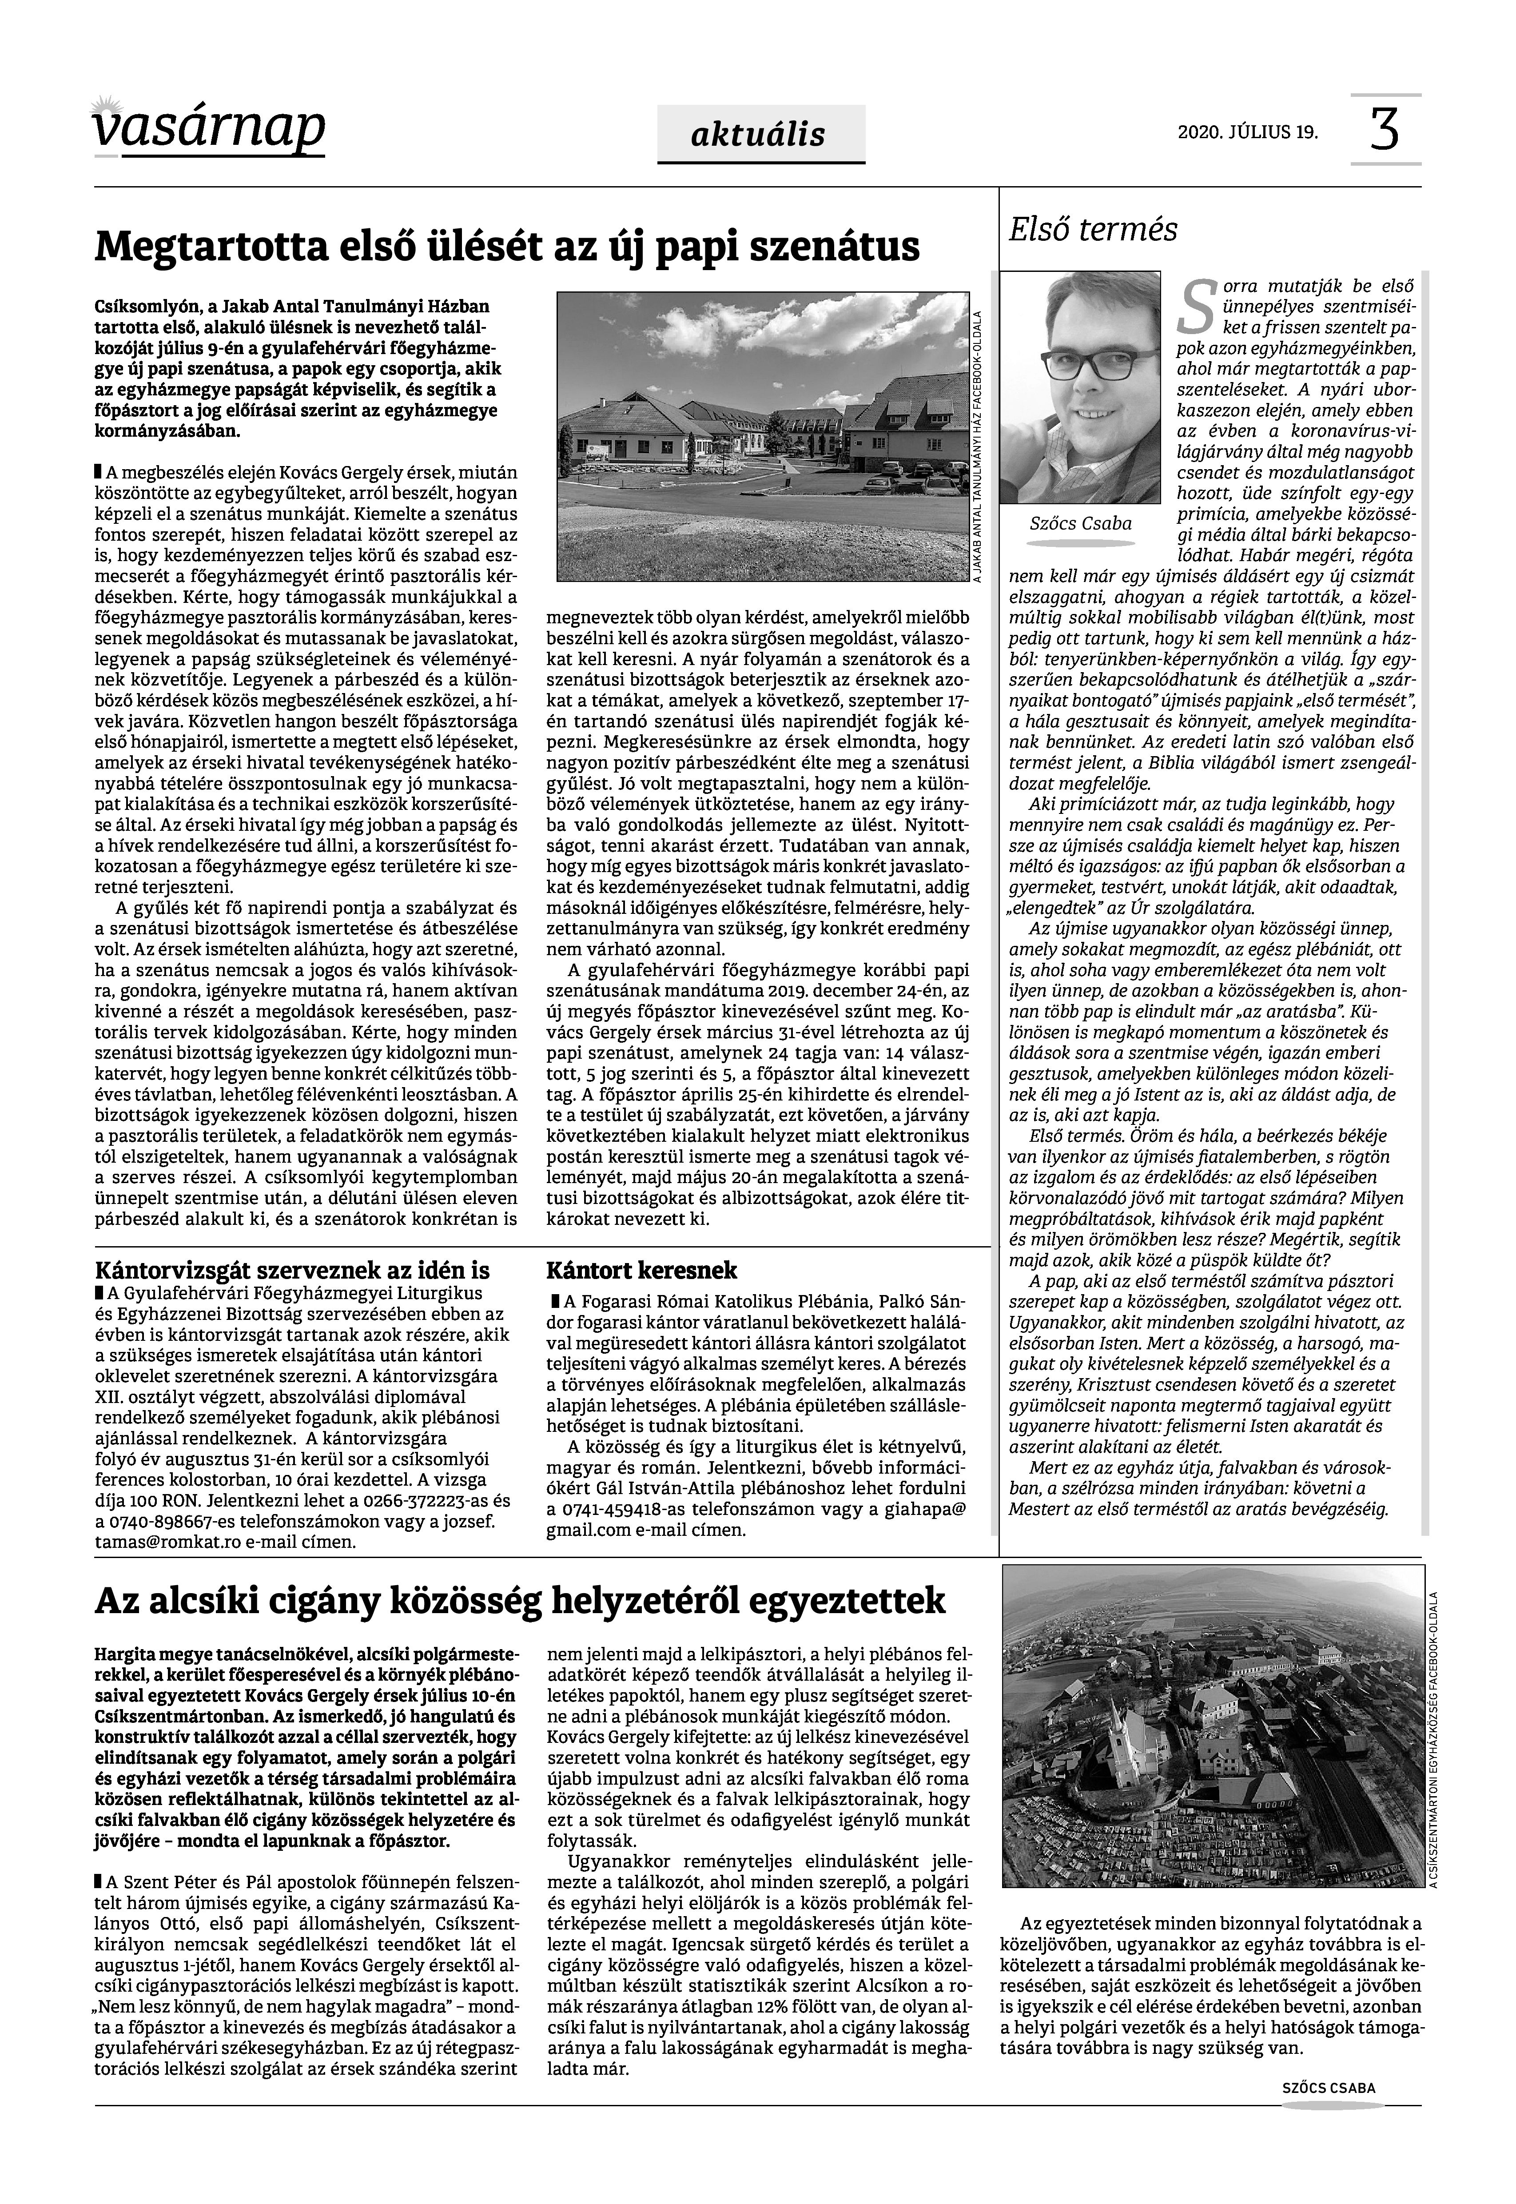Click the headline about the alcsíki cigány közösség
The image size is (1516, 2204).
[521, 1602]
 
